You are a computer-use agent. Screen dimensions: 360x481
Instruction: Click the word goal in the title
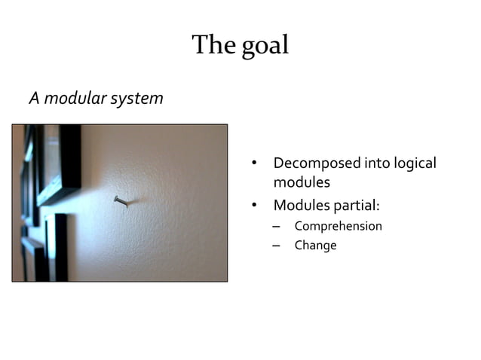coord(265,45)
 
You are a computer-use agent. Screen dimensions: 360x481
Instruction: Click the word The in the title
coord(214,45)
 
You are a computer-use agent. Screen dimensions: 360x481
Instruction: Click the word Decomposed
coord(316,163)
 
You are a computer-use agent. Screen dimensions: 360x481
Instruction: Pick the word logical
coord(412,163)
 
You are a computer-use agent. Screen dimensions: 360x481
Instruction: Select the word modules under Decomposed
coord(302,182)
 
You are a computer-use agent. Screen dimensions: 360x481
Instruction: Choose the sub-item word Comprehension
coord(338,226)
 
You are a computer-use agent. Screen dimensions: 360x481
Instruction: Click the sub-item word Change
coord(315,246)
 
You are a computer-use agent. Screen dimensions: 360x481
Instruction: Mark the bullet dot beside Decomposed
coord(255,164)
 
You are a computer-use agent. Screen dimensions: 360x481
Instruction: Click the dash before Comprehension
coord(276,226)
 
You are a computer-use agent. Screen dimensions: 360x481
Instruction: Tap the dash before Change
coord(276,246)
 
